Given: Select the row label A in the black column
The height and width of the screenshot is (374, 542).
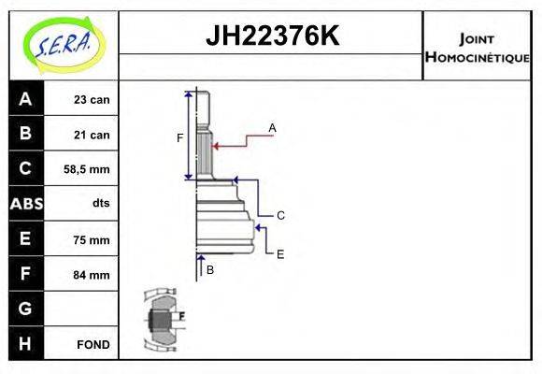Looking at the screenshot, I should click(x=25, y=99).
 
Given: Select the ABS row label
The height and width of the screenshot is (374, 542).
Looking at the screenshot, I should click(x=25, y=204).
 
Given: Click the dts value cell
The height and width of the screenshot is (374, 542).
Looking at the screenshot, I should click(x=100, y=204).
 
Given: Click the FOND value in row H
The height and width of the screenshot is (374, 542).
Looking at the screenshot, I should click(x=93, y=344).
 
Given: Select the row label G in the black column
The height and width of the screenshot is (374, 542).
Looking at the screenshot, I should click(x=25, y=309).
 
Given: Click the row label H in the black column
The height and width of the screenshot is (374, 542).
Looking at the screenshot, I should click(x=25, y=343).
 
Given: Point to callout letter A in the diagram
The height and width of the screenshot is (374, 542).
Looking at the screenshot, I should click(x=272, y=127).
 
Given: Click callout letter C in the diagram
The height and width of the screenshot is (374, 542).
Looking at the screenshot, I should click(x=279, y=215).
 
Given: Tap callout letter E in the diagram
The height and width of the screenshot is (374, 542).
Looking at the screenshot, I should click(x=279, y=252).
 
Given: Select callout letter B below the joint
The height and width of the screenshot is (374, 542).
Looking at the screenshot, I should click(x=210, y=269).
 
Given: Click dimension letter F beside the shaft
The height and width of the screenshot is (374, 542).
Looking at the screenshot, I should click(x=180, y=138).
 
